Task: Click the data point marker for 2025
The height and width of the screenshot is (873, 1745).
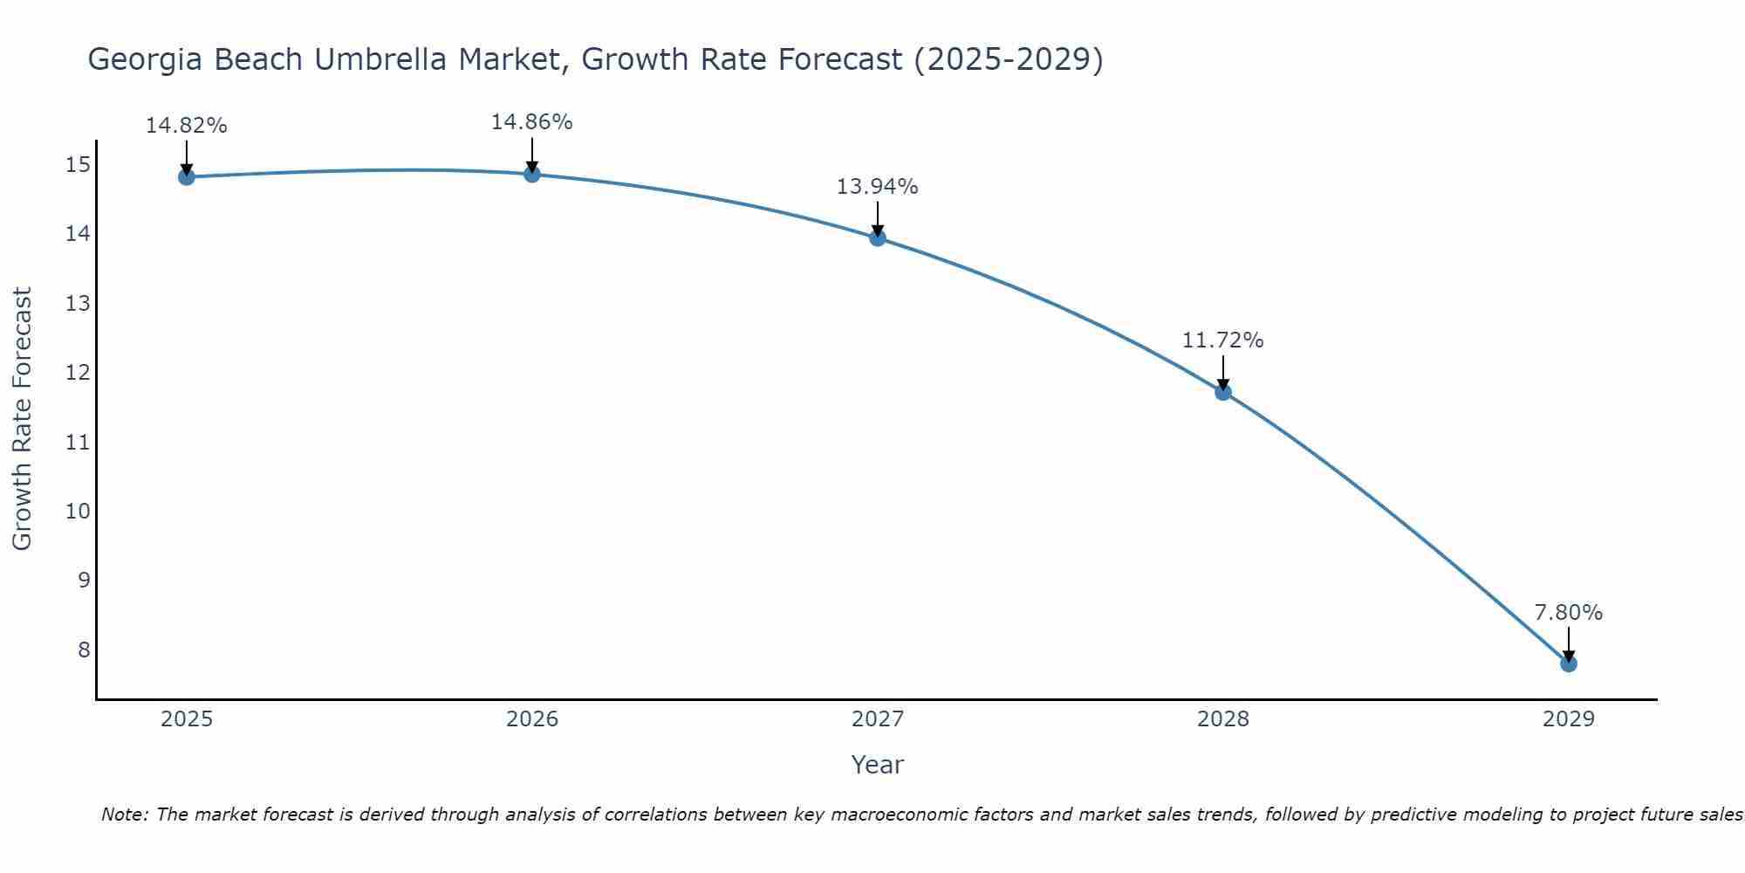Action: tap(186, 177)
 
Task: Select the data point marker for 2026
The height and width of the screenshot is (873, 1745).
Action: tap(532, 174)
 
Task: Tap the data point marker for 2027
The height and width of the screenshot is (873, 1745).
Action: tap(878, 237)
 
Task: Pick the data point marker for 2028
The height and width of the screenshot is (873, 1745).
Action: tap(1223, 392)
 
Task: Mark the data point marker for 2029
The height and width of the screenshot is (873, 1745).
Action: tap(1569, 663)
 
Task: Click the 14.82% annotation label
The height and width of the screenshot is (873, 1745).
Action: tap(186, 126)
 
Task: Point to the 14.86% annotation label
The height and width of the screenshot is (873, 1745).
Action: tap(531, 122)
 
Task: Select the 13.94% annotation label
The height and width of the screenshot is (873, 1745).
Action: tap(877, 187)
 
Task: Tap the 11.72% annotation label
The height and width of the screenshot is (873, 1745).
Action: tap(1222, 340)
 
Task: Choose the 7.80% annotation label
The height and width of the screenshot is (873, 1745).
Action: tap(1568, 613)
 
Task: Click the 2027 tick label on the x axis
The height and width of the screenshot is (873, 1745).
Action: tap(878, 719)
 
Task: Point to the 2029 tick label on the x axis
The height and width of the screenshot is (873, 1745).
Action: tap(1569, 719)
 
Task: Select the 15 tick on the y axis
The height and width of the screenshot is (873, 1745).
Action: tap(78, 164)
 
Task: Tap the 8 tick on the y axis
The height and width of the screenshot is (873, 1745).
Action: tap(84, 650)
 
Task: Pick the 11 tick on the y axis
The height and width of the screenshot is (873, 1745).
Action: tap(78, 442)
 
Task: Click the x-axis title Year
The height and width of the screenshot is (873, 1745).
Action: tap(877, 765)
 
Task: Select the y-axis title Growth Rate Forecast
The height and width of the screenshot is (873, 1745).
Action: tap(22, 418)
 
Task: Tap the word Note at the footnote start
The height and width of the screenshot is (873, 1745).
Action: tap(126, 815)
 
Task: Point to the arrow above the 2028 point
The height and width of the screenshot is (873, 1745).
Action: tap(1223, 372)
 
